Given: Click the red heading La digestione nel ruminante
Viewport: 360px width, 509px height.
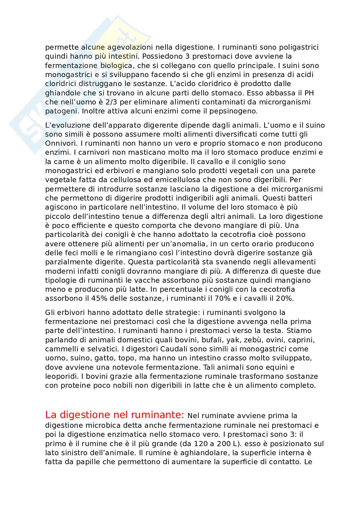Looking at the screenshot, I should pos(115,414).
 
